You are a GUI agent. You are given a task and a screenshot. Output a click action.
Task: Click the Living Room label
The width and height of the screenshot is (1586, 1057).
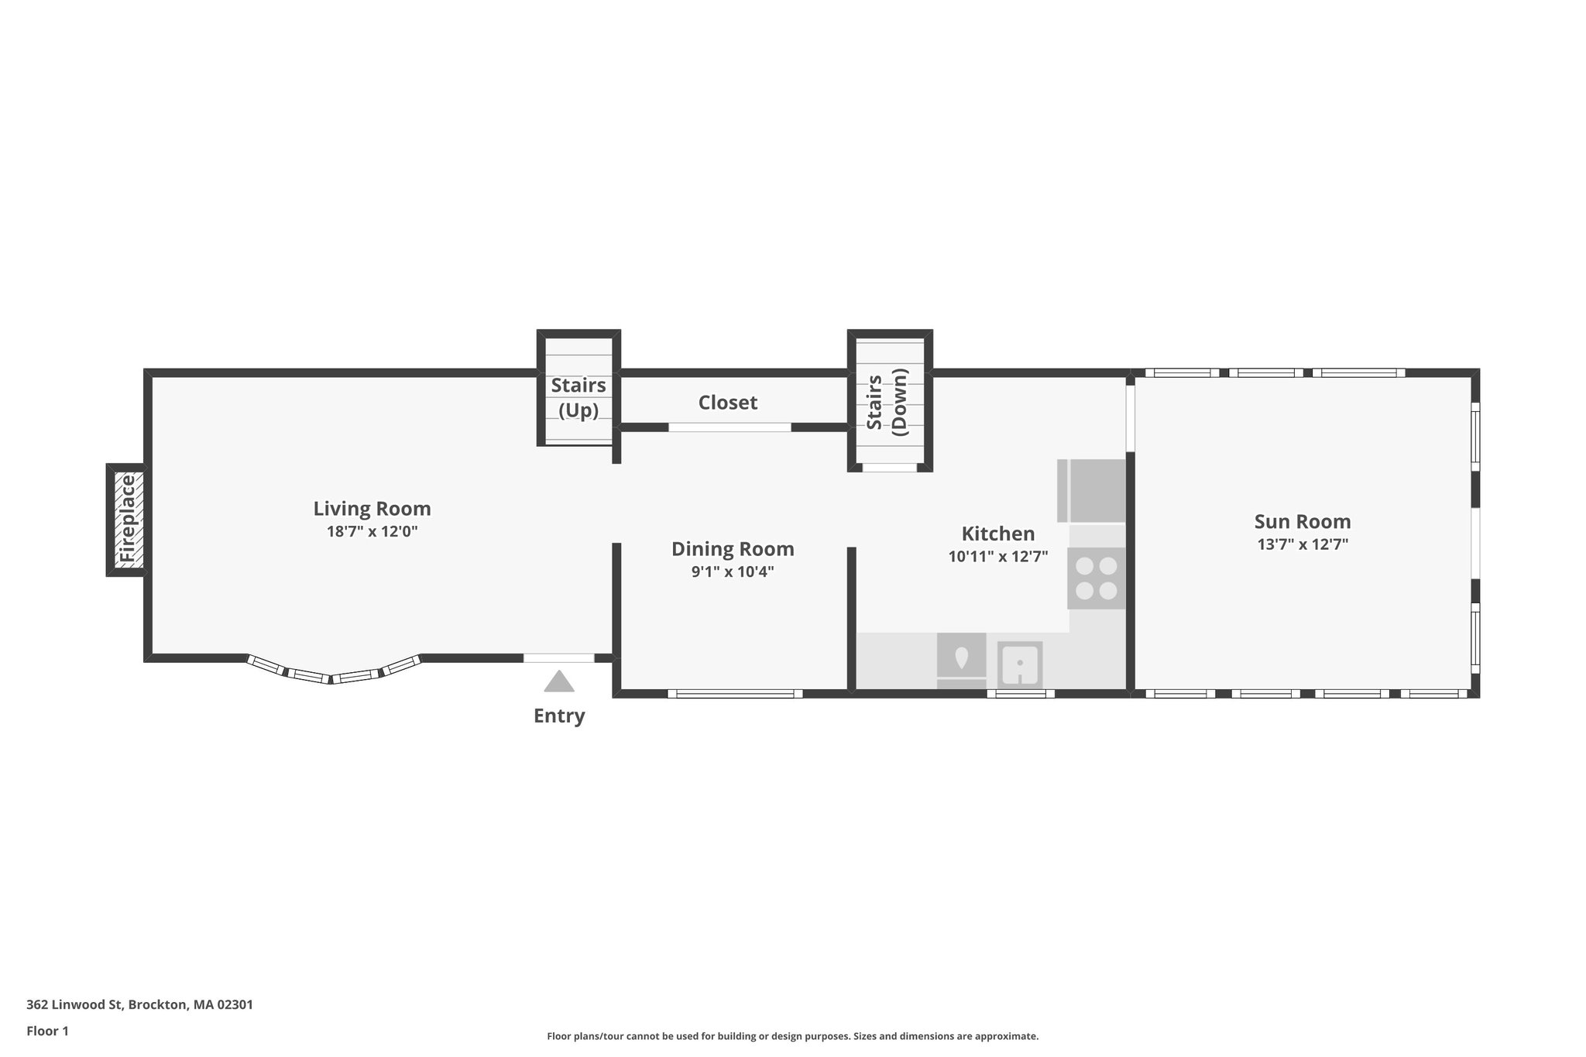pyautogui.click(x=372, y=509)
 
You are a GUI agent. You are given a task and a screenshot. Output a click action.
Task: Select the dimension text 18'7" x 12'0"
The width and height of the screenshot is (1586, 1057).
pyautogui.click(x=372, y=531)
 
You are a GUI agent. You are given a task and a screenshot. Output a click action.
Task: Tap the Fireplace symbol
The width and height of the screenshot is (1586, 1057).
pyautogui.click(x=126, y=520)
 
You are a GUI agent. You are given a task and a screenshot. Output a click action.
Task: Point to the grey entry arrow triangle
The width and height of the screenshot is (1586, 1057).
pyautogui.click(x=558, y=681)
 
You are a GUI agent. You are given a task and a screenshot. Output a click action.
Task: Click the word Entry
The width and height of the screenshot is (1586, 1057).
pyautogui.click(x=558, y=716)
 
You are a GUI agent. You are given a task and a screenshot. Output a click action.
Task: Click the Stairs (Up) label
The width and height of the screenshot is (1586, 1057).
pyautogui.click(x=578, y=397)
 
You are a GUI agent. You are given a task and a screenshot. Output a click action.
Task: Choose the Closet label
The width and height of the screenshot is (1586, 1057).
pyautogui.click(x=727, y=403)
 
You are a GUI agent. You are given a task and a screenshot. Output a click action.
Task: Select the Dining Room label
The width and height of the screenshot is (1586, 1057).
pyautogui.click(x=732, y=549)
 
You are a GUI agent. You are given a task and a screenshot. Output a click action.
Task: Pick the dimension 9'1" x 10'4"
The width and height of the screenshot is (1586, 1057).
pyautogui.click(x=732, y=571)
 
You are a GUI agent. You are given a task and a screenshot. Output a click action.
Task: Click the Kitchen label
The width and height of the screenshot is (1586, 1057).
pyautogui.click(x=997, y=534)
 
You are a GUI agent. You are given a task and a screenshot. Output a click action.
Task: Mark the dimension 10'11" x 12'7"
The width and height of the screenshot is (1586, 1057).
pyautogui.click(x=997, y=556)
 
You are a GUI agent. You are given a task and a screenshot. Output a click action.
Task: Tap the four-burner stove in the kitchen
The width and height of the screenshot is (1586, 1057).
pyautogui.click(x=1096, y=578)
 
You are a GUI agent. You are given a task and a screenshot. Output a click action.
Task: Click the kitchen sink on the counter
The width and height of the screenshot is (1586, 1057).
pyautogui.click(x=1019, y=664)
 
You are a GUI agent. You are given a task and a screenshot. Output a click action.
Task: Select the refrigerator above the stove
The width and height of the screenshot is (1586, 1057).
pyautogui.click(x=1092, y=491)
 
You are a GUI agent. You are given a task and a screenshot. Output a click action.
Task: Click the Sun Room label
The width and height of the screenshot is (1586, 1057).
pyautogui.click(x=1302, y=521)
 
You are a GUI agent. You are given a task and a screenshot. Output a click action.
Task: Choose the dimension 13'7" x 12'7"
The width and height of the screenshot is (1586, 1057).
pyautogui.click(x=1302, y=544)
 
